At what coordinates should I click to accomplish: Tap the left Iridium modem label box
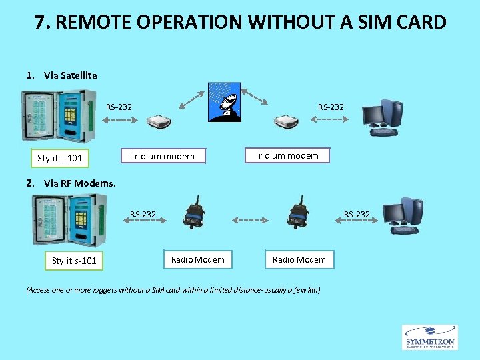[163, 156]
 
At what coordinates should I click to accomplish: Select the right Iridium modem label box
[287, 155]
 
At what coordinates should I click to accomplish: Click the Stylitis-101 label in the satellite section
[60, 158]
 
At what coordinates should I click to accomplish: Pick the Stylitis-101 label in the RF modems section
[74, 260]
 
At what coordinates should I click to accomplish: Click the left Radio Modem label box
[197, 259]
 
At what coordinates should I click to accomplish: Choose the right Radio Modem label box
[299, 259]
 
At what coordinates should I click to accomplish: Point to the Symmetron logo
[429, 337]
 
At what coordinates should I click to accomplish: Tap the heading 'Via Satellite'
[70, 75]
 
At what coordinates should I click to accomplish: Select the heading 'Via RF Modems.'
[79, 183]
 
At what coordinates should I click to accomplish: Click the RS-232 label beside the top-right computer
[331, 107]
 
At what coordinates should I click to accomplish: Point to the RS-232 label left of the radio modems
[143, 214]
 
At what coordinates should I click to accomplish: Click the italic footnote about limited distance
[173, 290]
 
